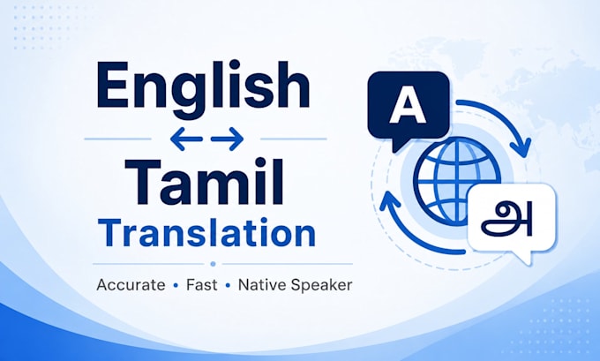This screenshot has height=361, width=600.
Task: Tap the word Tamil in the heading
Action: coord(205,181)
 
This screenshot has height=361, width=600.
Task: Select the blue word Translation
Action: coord(206,233)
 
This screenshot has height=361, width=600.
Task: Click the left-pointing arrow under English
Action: coord(186,139)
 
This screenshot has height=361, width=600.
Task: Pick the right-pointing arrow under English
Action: coord(228,139)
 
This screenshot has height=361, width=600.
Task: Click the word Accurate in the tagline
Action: coord(131,285)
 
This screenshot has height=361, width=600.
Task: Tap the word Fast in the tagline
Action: coord(202,285)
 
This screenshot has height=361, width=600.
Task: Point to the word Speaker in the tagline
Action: coord(321,286)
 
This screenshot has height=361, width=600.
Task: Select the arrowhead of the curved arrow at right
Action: coord(521,147)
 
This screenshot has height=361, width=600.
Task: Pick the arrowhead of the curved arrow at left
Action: coord(389,200)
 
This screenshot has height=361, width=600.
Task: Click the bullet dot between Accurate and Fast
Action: coord(176,286)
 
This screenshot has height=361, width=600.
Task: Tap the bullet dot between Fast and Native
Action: coord(228,286)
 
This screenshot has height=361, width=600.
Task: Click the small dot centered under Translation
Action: coord(214,264)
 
